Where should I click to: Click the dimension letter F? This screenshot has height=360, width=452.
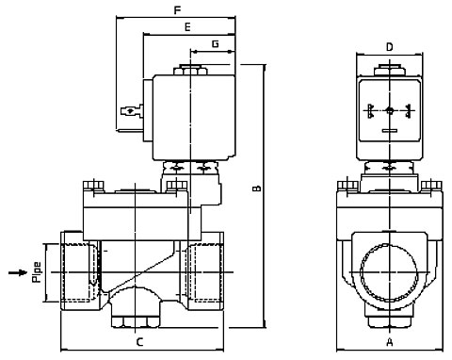click(178, 10)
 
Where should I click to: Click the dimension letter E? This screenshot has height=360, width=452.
click(187, 27)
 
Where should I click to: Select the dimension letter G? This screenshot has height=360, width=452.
click(216, 43)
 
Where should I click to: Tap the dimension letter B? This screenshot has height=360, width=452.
click(257, 188)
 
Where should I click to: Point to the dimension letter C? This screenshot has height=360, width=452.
click(140, 342)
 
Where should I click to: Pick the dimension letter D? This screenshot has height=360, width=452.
click(389, 47)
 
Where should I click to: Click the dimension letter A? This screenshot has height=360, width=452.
click(390, 342)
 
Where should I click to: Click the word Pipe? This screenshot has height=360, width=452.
click(37, 272)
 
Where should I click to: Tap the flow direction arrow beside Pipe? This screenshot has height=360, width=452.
click(18, 272)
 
